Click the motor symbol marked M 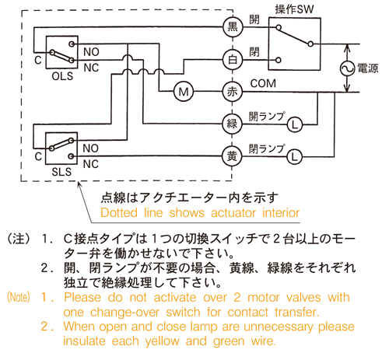click(x=184, y=92)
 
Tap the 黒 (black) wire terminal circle click(x=233, y=27)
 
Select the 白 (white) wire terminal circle click(x=233, y=60)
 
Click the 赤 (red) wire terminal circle click(x=233, y=92)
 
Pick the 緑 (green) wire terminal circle click(x=232, y=124)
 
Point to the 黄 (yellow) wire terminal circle click(x=232, y=156)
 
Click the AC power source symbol click(x=347, y=68)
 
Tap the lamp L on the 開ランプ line click(x=295, y=125)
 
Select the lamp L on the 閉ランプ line click(x=294, y=157)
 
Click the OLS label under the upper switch click(x=62, y=76)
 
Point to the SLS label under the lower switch click(x=61, y=172)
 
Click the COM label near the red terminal click(x=263, y=83)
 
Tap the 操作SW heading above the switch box click(x=294, y=9)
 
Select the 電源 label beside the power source click(x=368, y=68)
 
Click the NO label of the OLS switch click(x=91, y=52)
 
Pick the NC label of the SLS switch click(x=91, y=164)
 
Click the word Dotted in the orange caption click(x=119, y=213)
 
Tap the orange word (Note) click(x=19, y=297)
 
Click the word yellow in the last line click(x=163, y=341)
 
